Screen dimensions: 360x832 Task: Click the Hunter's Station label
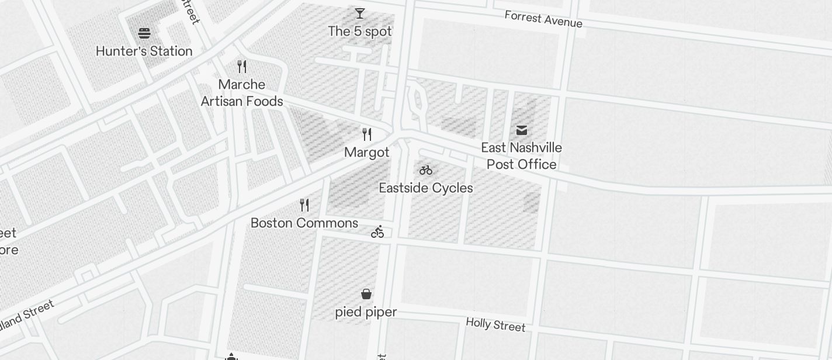click(x=144, y=51)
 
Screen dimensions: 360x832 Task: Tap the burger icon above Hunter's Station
click(x=144, y=33)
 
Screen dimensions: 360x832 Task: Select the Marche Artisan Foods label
click(x=242, y=93)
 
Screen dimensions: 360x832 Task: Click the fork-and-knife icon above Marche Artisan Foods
click(x=242, y=67)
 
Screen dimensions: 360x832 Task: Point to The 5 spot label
click(x=360, y=32)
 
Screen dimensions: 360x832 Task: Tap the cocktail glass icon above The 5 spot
click(x=360, y=13)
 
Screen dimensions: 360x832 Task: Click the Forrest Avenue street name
click(x=543, y=19)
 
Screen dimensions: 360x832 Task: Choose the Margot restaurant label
click(x=367, y=153)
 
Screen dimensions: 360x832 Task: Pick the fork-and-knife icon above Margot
click(x=367, y=134)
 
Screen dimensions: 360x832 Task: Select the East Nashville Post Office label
click(x=522, y=156)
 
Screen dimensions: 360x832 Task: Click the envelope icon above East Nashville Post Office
click(x=522, y=130)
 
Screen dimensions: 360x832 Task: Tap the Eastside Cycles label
click(x=426, y=188)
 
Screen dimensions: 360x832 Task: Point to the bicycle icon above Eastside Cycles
click(x=426, y=170)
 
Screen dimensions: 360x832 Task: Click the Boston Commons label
click(x=304, y=223)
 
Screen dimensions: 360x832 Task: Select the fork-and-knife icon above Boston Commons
click(x=304, y=205)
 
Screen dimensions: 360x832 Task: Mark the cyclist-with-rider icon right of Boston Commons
click(x=378, y=232)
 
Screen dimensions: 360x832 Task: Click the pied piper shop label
click(x=366, y=312)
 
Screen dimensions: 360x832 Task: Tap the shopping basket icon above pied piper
click(x=366, y=293)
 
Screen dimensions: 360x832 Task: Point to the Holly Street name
click(x=495, y=325)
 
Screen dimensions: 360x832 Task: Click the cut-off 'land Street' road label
click(x=27, y=314)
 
